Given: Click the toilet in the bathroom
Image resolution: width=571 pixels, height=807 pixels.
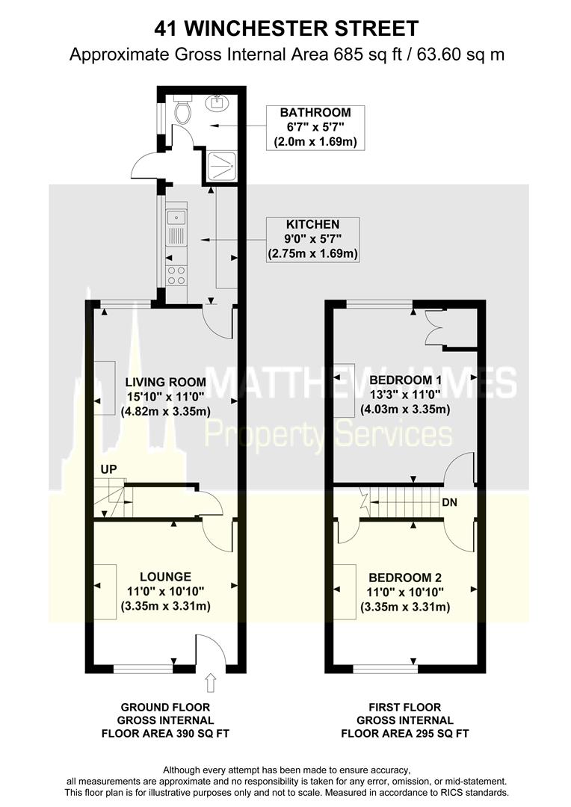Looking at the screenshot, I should point(182,111).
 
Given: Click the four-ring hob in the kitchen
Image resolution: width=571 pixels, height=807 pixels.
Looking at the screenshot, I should point(177,275).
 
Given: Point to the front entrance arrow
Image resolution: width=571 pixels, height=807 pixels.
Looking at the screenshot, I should point(210,681).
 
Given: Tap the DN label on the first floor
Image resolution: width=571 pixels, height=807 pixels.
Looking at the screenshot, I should point(449,502).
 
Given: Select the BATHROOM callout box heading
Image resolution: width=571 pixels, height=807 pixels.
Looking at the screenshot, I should point(315,113).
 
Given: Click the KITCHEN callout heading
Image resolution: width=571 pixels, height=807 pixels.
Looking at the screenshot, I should point(312,223).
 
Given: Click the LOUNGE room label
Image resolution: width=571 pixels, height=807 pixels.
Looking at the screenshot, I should point(165,577).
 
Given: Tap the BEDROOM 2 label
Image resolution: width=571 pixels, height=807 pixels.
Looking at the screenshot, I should point(405,578).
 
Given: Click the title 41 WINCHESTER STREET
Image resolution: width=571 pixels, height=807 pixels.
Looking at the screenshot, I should point(285,28).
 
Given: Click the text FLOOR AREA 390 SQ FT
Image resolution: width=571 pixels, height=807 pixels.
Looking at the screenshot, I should point(165,734).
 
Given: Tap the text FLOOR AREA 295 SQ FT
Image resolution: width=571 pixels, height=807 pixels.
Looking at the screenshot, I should point(404,734).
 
